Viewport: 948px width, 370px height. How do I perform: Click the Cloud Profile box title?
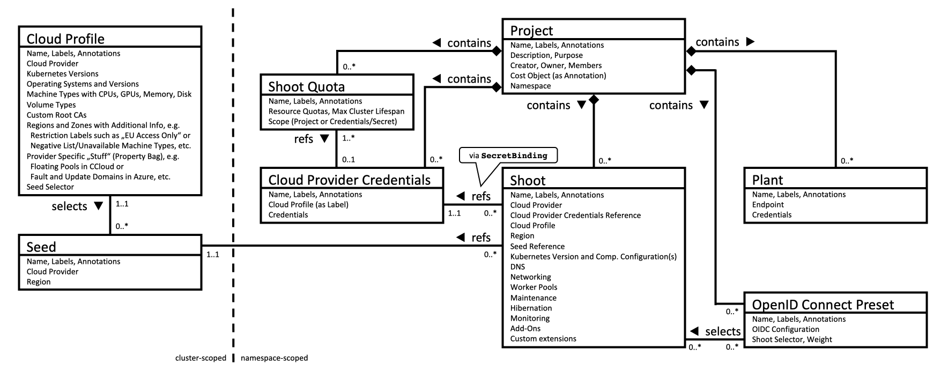(x=65, y=39)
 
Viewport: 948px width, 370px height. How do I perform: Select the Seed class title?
(x=41, y=247)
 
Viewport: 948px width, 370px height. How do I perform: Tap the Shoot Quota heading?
(x=306, y=87)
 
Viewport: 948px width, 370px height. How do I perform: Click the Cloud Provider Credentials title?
(x=349, y=180)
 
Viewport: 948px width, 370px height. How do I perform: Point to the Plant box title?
(x=767, y=180)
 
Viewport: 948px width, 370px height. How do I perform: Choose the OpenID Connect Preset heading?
(x=823, y=305)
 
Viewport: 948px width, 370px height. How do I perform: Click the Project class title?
(x=531, y=31)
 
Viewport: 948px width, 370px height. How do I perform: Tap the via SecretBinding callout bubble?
(x=508, y=156)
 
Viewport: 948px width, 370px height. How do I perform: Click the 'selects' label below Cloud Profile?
(x=69, y=206)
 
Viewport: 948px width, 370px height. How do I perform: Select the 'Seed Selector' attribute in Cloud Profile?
(x=50, y=187)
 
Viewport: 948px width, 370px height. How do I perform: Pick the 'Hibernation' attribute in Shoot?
(x=531, y=308)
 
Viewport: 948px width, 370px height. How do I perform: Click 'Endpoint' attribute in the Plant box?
(x=768, y=204)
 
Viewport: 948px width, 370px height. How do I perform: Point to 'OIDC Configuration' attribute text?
(x=786, y=329)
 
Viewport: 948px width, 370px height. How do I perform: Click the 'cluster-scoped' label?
(x=201, y=358)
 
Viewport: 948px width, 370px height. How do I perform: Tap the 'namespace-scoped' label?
(x=275, y=358)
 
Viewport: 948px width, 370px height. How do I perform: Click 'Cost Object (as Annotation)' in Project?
(x=558, y=76)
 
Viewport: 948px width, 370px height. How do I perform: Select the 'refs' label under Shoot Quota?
(x=303, y=139)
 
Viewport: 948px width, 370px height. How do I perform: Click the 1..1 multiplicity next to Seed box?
(x=213, y=255)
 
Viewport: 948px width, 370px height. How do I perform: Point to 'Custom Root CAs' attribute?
(x=56, y=115)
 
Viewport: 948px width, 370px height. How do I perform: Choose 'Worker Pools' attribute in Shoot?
(x=534, y=287)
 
